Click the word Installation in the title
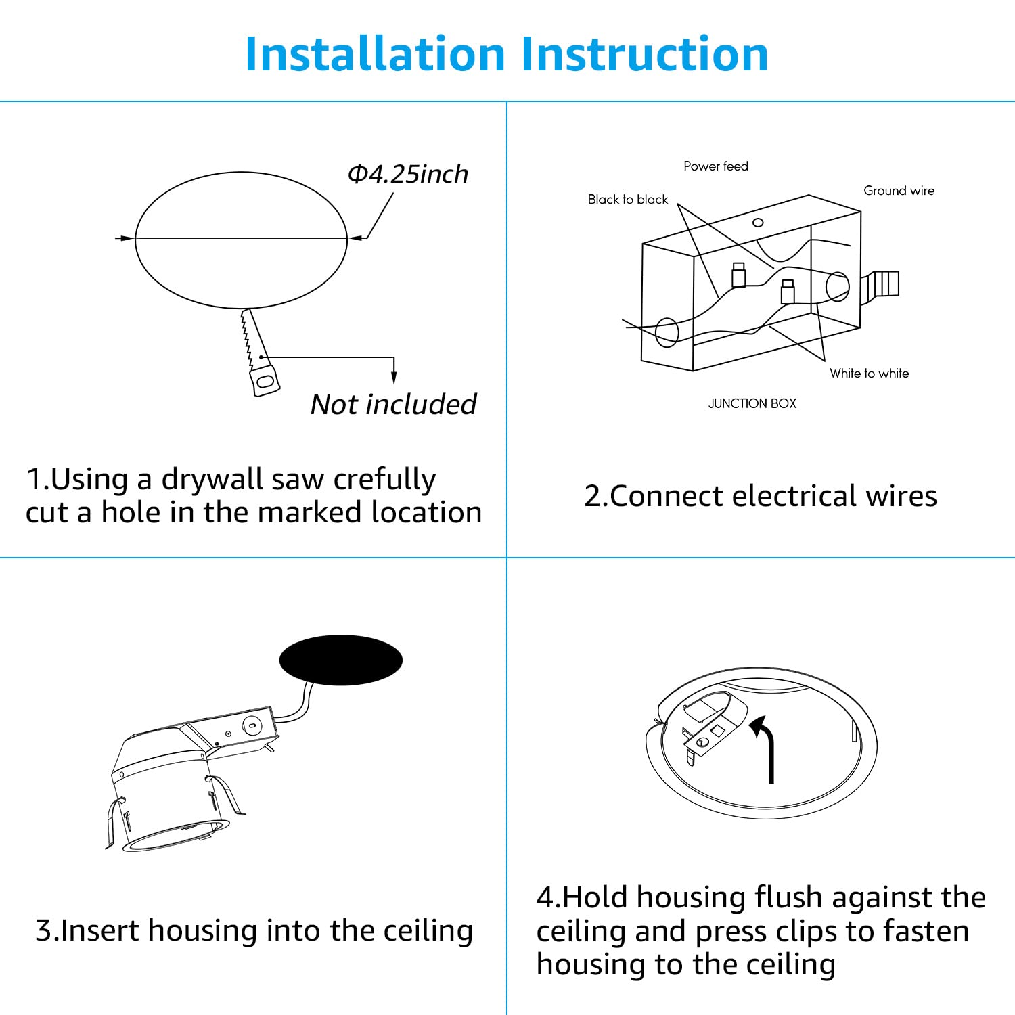(375, 54)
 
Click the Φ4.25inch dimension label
(407, 175)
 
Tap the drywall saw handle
(264, 380)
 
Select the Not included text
(393, 405)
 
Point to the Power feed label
(715, 166)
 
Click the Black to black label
(627, 200)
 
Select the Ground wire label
(899, 191)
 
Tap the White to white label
(869, 374)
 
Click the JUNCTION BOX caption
(752, 404)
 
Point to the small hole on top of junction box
(758, 223)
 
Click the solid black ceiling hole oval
(341, 660)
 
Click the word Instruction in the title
(644, 54)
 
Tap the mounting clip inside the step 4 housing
(707, 727)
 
